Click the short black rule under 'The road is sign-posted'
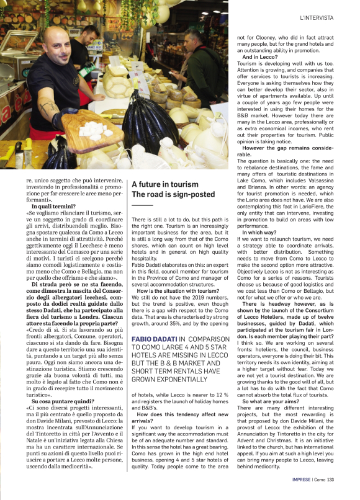(142, 205)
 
